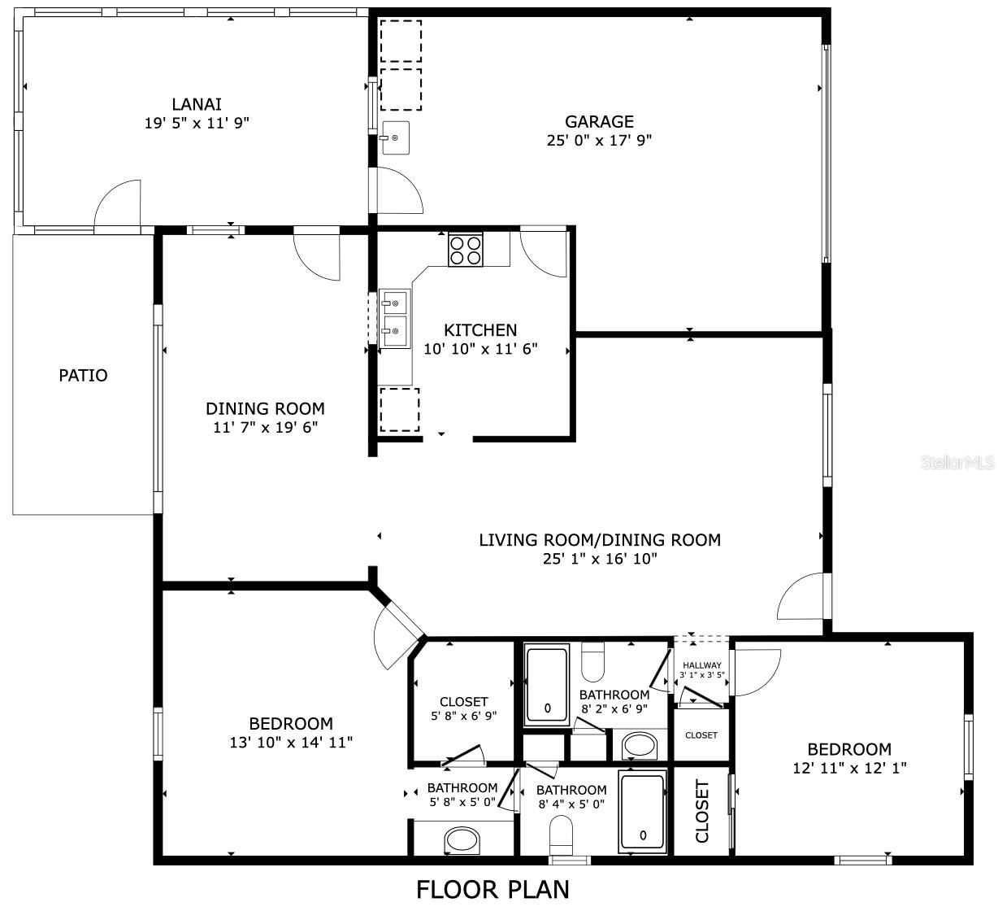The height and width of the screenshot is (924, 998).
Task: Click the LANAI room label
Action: [x=197, y=104]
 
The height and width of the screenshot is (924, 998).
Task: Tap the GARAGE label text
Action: [x=599, y=121]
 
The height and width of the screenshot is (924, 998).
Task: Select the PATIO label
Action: [x=83, y=375]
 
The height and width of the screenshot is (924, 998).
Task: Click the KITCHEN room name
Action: [x=480, y=330]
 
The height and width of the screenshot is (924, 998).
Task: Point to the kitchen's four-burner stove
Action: [x=466, y=250]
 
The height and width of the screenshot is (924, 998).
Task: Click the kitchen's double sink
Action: [x=394, y=318]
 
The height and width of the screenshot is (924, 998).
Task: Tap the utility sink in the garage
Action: [x=396, y=137]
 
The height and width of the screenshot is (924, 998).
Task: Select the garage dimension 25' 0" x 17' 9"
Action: [x=599, y=141]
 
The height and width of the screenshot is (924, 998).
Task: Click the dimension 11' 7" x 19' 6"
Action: [x=265, y=428]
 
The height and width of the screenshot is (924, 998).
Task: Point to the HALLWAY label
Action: [x=702, y=665]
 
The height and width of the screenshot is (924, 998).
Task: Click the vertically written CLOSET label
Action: [x=701, y=811]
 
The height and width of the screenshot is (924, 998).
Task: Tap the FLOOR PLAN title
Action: [x=493, y=889]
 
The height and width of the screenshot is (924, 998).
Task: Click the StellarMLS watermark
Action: [x=958, y=462]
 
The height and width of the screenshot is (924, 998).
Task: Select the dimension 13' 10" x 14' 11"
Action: [x=291, y=743]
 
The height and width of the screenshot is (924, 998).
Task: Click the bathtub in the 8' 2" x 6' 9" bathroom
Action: [x=547, y=685]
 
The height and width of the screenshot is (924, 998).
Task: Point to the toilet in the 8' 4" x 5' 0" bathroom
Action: [x=561, y=835]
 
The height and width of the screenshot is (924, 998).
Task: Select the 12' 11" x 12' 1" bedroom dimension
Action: [x=849, y=768]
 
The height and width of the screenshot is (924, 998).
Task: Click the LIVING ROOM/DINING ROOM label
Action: [x=600, y=540]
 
